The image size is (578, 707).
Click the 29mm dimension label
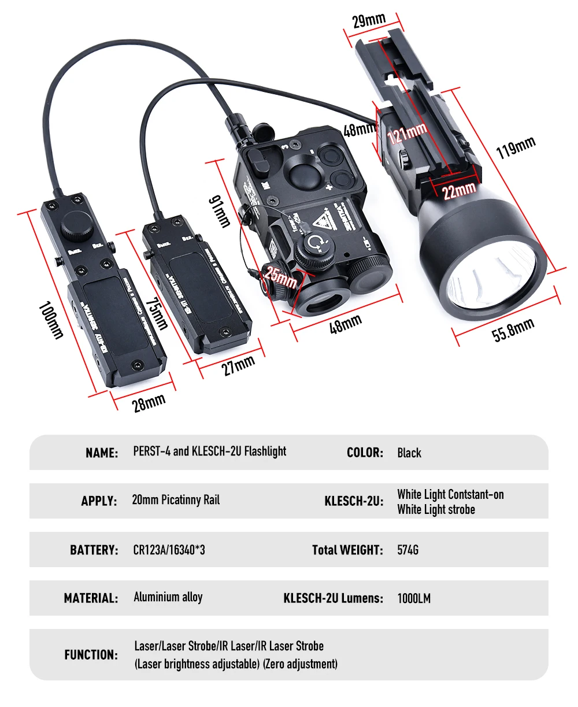[369, 20]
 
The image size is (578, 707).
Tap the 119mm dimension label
[516, 148]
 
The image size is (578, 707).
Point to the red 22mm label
[460, 189]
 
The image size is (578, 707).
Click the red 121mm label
[407, 135]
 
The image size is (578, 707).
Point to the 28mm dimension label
[149, 401]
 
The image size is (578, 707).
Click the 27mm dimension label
[239, 365]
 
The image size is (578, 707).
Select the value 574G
[407, 550]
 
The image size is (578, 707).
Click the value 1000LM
[414, 598]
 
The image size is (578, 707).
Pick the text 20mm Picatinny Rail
[176, 500]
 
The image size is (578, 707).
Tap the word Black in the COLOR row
[409, 453]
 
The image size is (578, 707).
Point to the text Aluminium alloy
[168, 597]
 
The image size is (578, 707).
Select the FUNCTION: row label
[91, 655]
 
